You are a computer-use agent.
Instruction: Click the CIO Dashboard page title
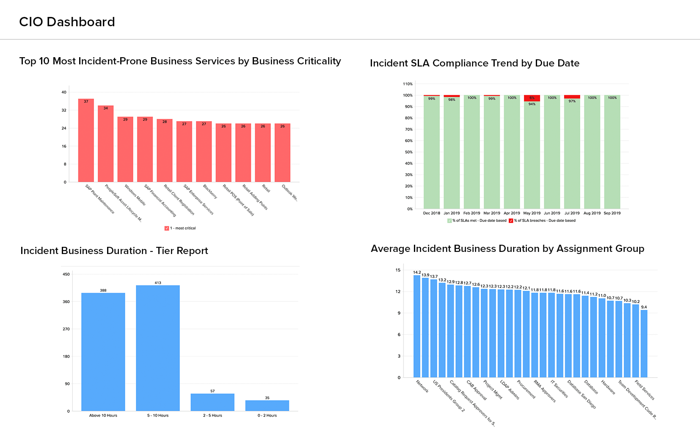(67, 22)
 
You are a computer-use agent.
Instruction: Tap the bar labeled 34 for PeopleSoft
(106, 144)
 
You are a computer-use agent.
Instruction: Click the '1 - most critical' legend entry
(181, 228)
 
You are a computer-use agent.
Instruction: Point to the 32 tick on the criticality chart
(64, 110)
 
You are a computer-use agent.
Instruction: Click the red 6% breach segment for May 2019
(532, 98)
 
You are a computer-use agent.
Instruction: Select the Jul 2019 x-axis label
(572, 213)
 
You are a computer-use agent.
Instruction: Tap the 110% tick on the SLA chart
(408, 84)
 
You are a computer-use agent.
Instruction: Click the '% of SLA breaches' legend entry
(543, 221)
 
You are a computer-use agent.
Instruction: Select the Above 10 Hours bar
(103, 351)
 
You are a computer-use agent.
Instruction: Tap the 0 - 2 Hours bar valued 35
(267, 406)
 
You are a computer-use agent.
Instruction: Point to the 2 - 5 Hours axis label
(212, 416)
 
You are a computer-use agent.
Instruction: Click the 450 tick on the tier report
(66, 274)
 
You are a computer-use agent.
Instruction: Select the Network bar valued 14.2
(417, 326)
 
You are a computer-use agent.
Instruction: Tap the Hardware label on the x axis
(608, 387)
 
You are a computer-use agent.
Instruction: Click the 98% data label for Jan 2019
(452, 100)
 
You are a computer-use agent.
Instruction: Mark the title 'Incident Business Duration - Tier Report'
(114, 251)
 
